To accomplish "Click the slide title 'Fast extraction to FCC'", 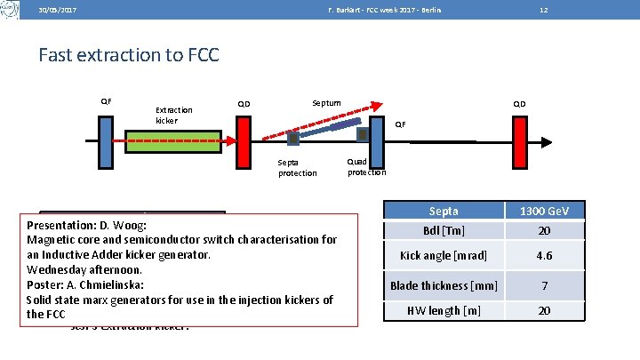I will (129, 55).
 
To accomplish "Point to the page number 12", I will (543, 10).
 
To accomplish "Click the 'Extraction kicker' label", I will (173, 116).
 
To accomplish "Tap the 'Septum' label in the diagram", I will (326, 103).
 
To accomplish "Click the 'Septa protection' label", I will (297, 168).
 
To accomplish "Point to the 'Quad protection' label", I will (366, 166).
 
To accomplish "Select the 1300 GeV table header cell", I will (544, 211).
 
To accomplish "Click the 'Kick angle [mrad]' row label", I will (444, 255).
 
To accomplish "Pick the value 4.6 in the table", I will (544, 255).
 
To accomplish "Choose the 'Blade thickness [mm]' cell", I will (444, 285).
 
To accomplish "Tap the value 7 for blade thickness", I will (544, 285).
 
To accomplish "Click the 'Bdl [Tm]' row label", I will (444, 230).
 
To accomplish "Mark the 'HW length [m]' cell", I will (444, 310).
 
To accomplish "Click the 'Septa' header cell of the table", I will (444, 211).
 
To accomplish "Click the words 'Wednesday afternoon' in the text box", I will (85, 268).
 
